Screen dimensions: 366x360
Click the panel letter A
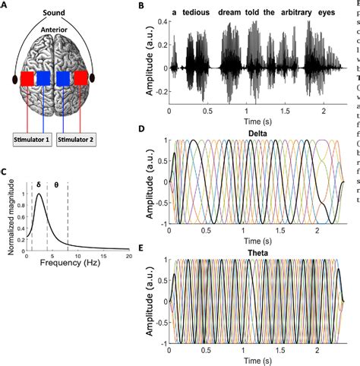pos(5,5)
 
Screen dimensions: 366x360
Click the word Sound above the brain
pos(62,11)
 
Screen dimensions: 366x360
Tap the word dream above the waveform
pos(235,13)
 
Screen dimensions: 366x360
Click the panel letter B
pos(141,6)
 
